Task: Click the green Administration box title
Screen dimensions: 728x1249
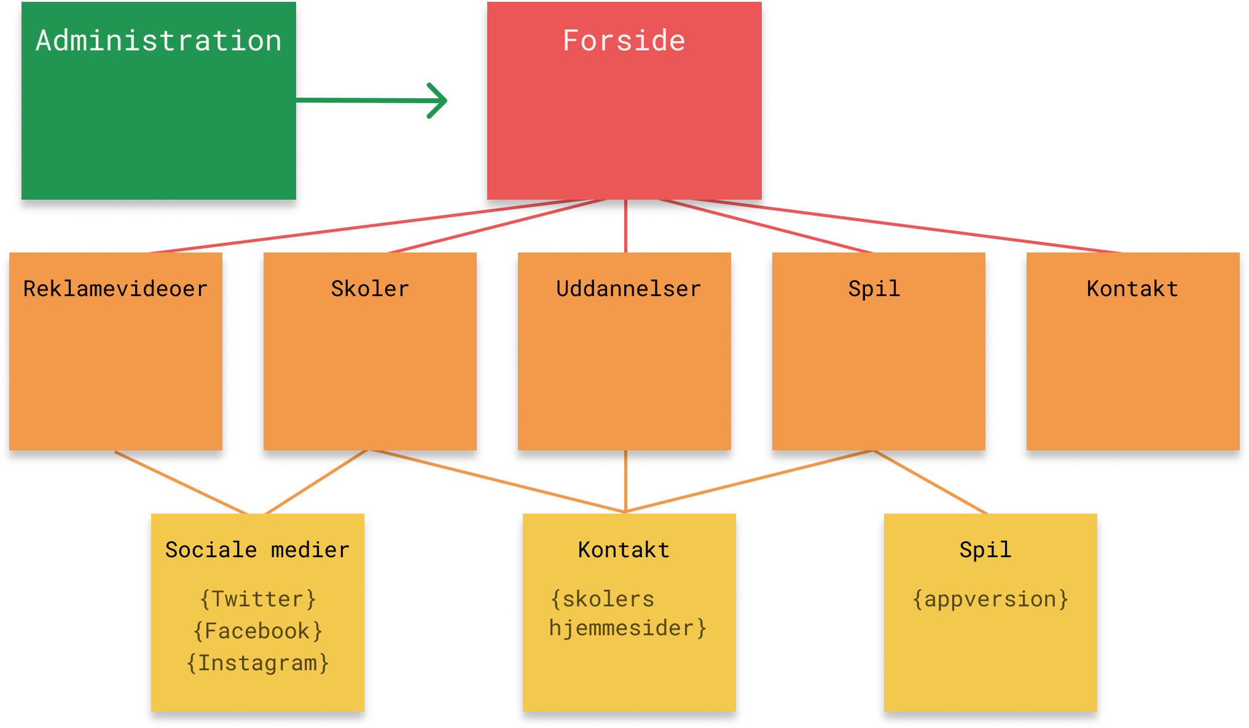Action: click(x=159, y=41)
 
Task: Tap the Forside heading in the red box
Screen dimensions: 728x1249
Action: click(x=624, y=41)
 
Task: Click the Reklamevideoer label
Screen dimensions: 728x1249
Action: click(x=116, y=289)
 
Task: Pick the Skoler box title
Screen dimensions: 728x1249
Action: click(x=370, y=289)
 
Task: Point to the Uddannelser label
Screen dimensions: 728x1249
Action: click(x=628, y=289)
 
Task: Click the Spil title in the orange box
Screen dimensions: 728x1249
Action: click(x=874, y=289)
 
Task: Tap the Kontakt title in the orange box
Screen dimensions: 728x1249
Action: click(x=1132, y=289)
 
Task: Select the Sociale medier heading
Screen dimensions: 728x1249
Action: click(x=257, y=550)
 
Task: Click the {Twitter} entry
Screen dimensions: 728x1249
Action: click(x=258, y=599)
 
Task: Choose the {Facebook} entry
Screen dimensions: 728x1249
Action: click(x=258, y=631)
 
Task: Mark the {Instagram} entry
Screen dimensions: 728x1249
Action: click(x=258, y=663)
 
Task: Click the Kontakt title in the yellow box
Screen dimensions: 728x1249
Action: click(x=624, y=550)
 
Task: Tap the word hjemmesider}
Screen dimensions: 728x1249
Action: click(x=628, y=628)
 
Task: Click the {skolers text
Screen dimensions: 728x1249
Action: click(x=603, y=599)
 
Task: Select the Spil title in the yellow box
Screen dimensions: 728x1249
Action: click(x=985, y=550)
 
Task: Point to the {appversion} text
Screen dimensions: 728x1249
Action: click(x=990, y=599)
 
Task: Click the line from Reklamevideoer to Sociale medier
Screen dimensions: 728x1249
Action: click(x=181, y=483)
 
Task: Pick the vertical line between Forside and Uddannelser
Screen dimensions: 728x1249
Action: click(x=625, y=226)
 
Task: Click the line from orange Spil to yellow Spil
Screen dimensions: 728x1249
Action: click(x=931, y=482)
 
